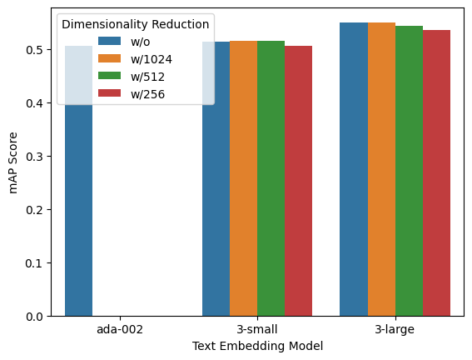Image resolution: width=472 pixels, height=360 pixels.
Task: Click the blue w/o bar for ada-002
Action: point(78,208)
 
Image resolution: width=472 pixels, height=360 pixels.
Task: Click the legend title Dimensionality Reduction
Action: point(137,24)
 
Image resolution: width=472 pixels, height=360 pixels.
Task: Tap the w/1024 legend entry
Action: point(147,58)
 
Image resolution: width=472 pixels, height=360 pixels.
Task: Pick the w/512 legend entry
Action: point(145,76)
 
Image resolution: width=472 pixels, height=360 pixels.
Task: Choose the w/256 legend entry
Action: point(145,93)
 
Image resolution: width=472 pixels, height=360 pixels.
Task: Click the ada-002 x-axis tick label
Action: point(120,330)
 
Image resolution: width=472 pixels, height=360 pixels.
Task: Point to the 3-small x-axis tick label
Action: point(257,330)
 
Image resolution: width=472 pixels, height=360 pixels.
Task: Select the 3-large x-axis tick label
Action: point(395,330)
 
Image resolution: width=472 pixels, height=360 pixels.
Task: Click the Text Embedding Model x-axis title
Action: point(257,345)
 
